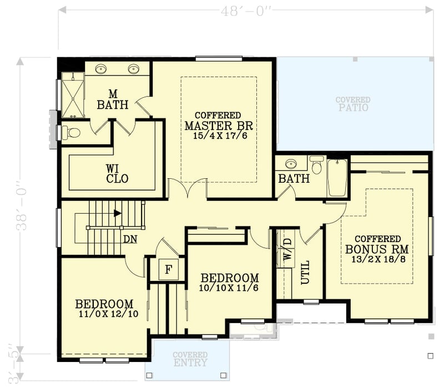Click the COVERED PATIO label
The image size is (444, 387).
click(352, 104)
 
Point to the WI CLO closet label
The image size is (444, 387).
click(117, 173)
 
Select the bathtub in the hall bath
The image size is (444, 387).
click(337, 177)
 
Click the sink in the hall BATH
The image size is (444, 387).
click(291, 164)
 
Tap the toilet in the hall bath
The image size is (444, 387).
click(317, 165)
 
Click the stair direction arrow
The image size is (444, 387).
click(117, 213)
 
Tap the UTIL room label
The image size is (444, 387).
click(305, 272)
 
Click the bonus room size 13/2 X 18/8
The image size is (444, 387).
click(377, 259)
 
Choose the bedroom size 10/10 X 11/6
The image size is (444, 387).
click(229, 288)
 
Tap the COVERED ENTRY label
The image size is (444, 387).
click(190, 359)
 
